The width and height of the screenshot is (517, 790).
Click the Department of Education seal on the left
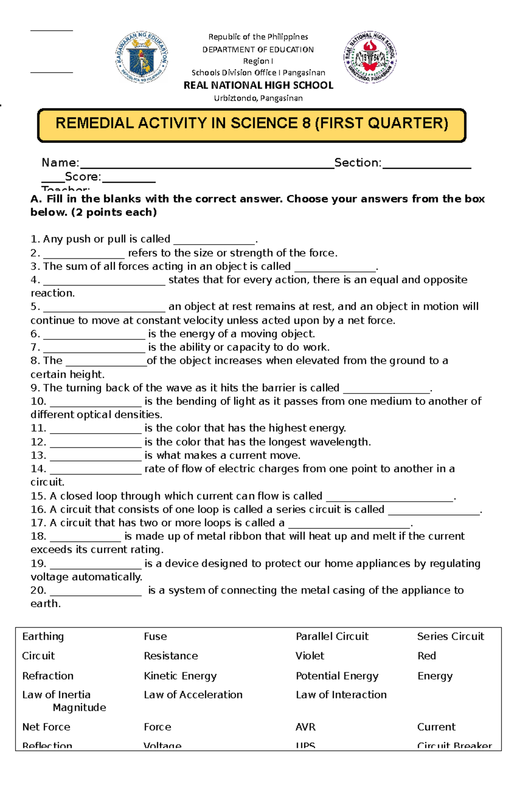coord(142,57)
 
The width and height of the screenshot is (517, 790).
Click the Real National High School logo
coord(370,57)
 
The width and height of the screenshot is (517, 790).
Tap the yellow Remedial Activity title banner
coord(252,125)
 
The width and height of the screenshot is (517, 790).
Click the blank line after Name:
coord(207,166)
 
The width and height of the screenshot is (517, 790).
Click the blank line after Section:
coord(427,166)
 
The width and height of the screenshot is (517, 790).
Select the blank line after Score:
coord(129,180)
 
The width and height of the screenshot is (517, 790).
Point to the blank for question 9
coord(386,390)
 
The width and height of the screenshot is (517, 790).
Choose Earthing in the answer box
coord(43,636)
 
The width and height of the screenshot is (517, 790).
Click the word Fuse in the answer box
coord(155,636)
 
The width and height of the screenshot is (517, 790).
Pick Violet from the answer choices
coord(310,656)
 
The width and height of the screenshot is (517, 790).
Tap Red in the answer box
coord(427,656)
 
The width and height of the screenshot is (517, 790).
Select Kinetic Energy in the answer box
coord(180,676)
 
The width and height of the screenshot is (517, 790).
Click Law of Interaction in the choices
coord(341,694)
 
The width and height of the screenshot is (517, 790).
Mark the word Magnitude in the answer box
coord(79,707)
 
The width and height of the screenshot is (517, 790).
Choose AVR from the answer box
coord(305,727)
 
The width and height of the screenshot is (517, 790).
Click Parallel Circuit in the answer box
coord(332,636)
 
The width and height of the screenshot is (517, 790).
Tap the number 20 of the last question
coord(38,590)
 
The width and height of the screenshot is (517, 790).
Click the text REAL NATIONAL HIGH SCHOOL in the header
coord(258,85)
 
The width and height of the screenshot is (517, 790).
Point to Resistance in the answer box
coord(171,656)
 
